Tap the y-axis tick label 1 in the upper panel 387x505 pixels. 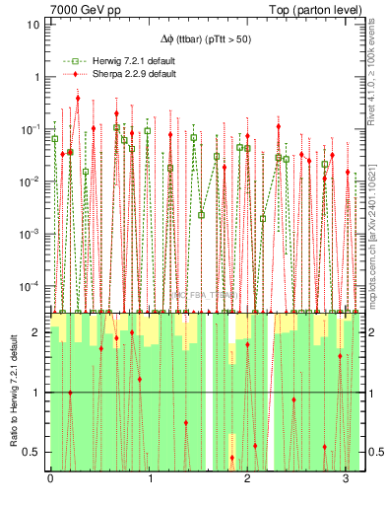point(37,76)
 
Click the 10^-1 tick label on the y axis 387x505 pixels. point(32,128)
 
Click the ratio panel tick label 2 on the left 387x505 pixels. point(37,332)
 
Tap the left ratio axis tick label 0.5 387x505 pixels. point(33,453)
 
